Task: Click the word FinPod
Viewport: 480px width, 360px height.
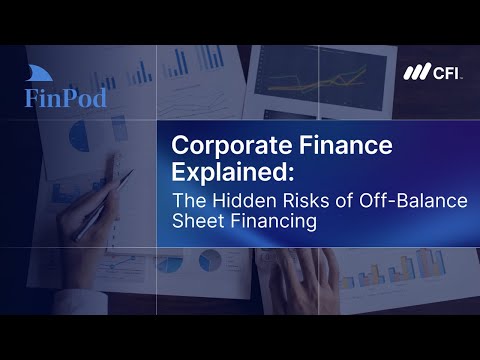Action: point(66,98)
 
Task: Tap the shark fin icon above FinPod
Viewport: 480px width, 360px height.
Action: point(39,73)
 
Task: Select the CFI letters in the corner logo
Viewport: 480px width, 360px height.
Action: point(446,72)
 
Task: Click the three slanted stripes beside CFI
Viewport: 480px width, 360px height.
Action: point(417,71)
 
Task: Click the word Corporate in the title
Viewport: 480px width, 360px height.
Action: point(232,146)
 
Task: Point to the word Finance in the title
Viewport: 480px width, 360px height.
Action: point(346,144)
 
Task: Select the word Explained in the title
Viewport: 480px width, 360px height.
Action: point(233,172)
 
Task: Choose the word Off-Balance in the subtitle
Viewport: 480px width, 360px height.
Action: point(413,200)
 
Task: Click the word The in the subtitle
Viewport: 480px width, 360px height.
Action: point(190,200)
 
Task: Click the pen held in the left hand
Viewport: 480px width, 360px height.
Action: point(103,205)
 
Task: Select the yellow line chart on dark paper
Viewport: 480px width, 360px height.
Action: point(320,81)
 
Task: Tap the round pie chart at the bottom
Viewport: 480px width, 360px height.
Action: point(210,260)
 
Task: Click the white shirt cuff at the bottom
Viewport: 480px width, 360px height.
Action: point(80,302)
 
